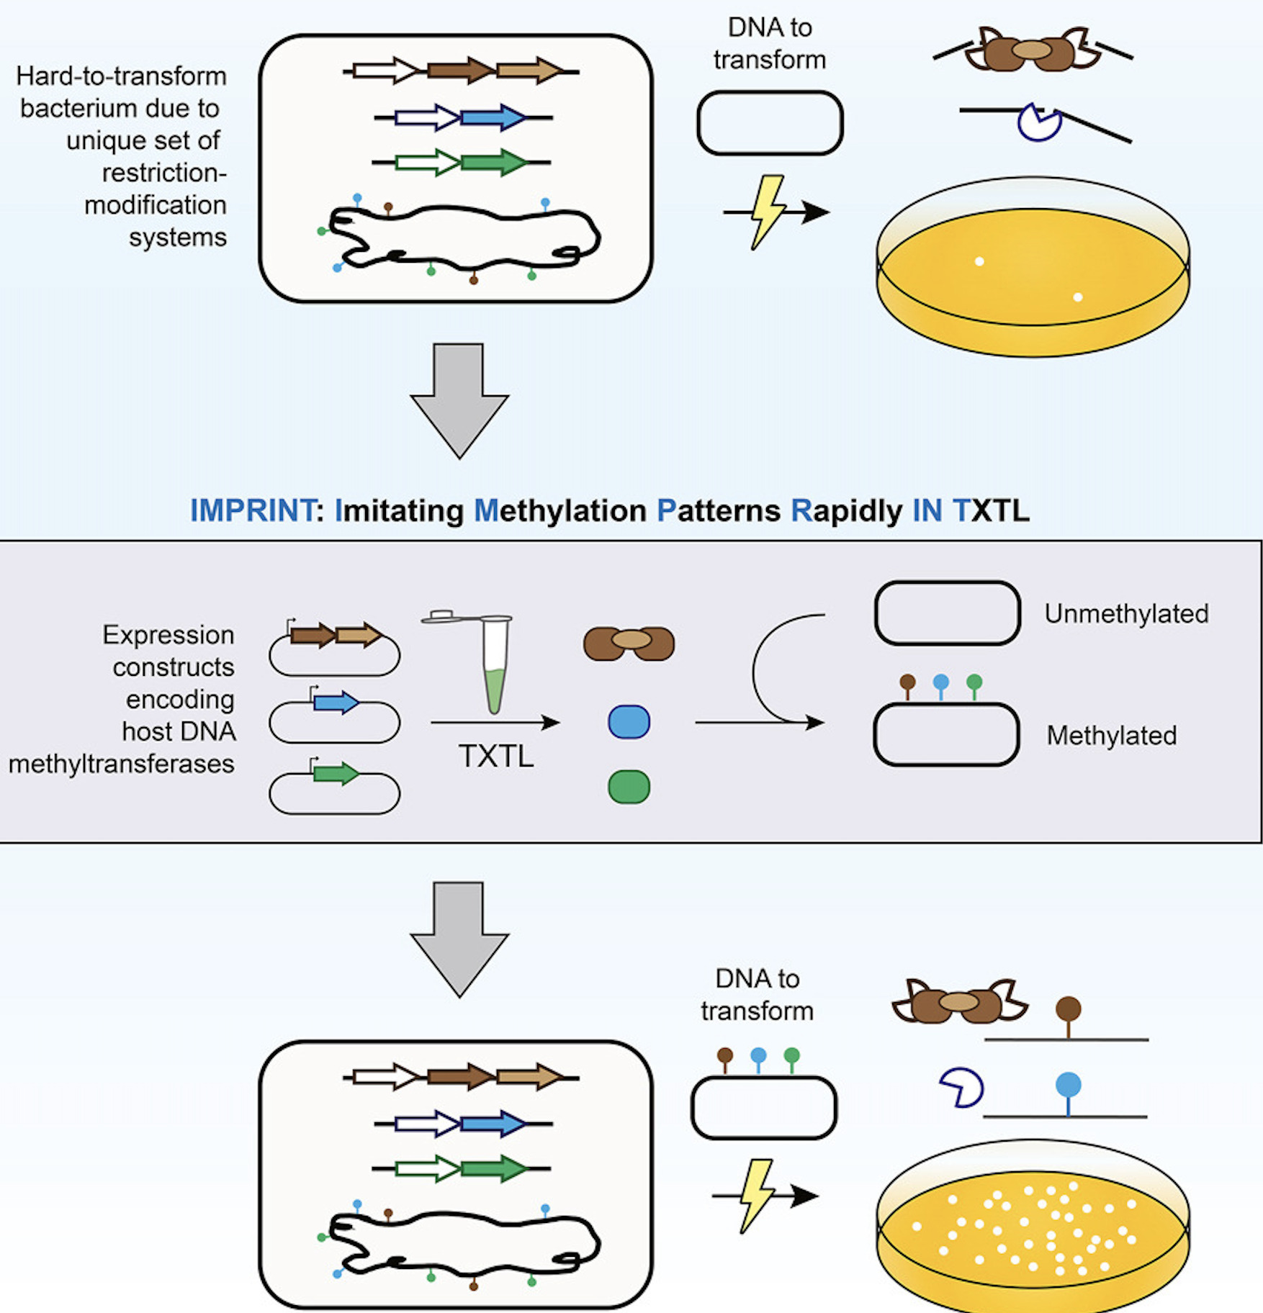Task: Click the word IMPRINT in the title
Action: point(253,510)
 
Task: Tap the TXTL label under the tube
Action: point(496,757)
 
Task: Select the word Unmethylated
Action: point(1126,613)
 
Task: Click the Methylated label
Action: point(1112,735)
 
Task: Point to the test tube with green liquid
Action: point(494,662)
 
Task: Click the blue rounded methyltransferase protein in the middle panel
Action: point(629,721)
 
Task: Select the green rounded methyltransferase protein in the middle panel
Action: point(629,787)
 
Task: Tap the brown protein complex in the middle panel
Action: point(629,643)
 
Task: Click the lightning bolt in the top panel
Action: point(768,212)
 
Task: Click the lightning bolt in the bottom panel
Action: point(757,1196)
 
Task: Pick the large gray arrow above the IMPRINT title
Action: point(459,400)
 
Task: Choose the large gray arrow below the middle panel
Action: point(459,939)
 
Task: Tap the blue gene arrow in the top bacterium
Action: point(493,117)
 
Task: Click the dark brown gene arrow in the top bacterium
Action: point(461,71)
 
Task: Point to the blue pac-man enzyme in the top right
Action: point(1039,122)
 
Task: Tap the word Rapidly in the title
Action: point(846,511)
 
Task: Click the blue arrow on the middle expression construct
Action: point(336,702)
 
